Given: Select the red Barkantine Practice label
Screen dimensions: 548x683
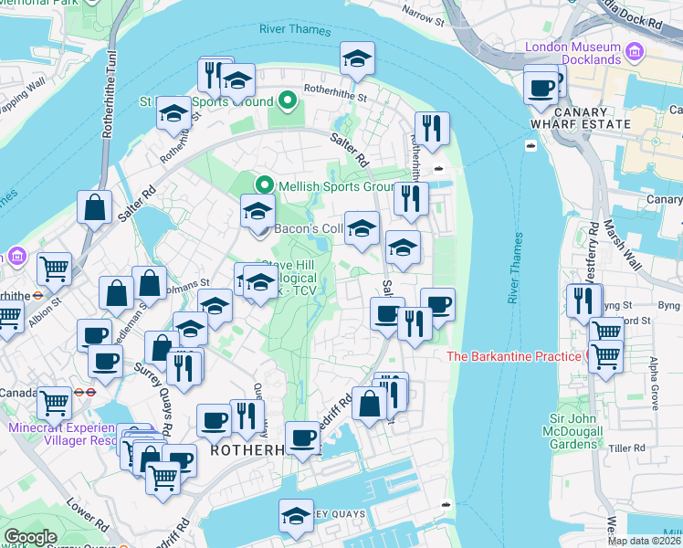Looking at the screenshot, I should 515,355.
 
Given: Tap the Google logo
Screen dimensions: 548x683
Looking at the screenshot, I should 31,537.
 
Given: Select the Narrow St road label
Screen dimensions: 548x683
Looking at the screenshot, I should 423,16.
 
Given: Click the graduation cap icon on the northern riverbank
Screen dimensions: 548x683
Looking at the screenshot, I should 357,58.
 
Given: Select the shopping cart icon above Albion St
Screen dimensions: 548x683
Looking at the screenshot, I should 55,269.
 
